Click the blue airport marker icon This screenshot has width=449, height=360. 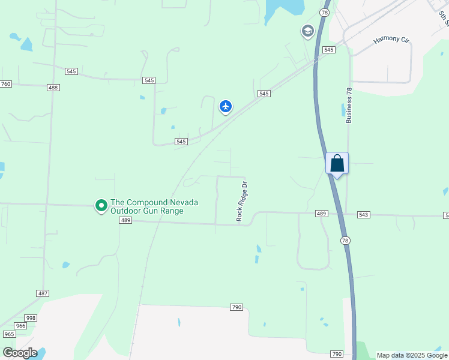(x=226, y=107)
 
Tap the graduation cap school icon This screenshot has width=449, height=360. (x=308, y=31)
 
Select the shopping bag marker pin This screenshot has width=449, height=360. (x=337, y=163)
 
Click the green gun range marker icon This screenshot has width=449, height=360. (x=101, y=206)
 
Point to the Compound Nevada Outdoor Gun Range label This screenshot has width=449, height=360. (x=155, y=206)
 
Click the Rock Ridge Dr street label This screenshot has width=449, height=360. (x=242, y=202)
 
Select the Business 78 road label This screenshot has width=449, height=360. (x=349, y=106)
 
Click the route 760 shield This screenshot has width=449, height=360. (x=5, y=84)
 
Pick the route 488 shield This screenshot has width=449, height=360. (x=53, y=88)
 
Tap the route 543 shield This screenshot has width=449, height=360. (x=364, y=214)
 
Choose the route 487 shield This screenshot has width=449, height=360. (x=43, y=293)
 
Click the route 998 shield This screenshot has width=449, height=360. (x=31, y=318)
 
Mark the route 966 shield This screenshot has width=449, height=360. (x=20, y=326)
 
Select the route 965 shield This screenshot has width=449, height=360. (x=9, y=334)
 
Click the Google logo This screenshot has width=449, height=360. (x=20, y=352)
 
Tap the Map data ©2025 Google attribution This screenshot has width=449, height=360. (x=412, y=356)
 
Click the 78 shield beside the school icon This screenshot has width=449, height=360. (x=325, y=12)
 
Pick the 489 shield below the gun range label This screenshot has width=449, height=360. (x=125, y=221)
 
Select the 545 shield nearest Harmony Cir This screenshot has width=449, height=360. (x=328, y=50)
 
